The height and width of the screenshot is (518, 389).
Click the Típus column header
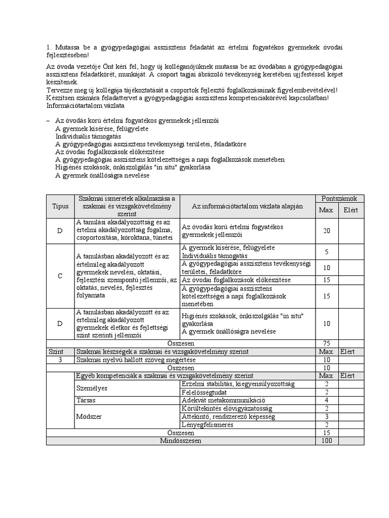pos(60,206)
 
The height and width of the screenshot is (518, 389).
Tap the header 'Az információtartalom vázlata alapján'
pos(247,206)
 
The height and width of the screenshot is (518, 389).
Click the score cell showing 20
pos(327,231)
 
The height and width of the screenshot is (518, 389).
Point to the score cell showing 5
pos(327,251)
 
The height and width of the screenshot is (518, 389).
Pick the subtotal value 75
pos(327,343)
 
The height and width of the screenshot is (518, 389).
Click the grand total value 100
pos(327,441)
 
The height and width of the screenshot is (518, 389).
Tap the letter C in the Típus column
pos(60,276)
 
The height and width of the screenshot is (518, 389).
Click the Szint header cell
pos(56,351)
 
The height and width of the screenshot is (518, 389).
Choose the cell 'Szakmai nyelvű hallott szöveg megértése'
pos(135,359)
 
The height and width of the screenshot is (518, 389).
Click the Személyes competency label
pos(92,388)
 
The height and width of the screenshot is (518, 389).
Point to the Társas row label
pos(87,400)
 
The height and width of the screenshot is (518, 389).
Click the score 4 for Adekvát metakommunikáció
pos(327,400)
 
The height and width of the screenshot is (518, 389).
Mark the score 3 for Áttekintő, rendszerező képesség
pos(327,416)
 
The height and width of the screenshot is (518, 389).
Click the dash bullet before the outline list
pos(48,121)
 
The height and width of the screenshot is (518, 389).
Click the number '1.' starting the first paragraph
pos(49,47)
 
